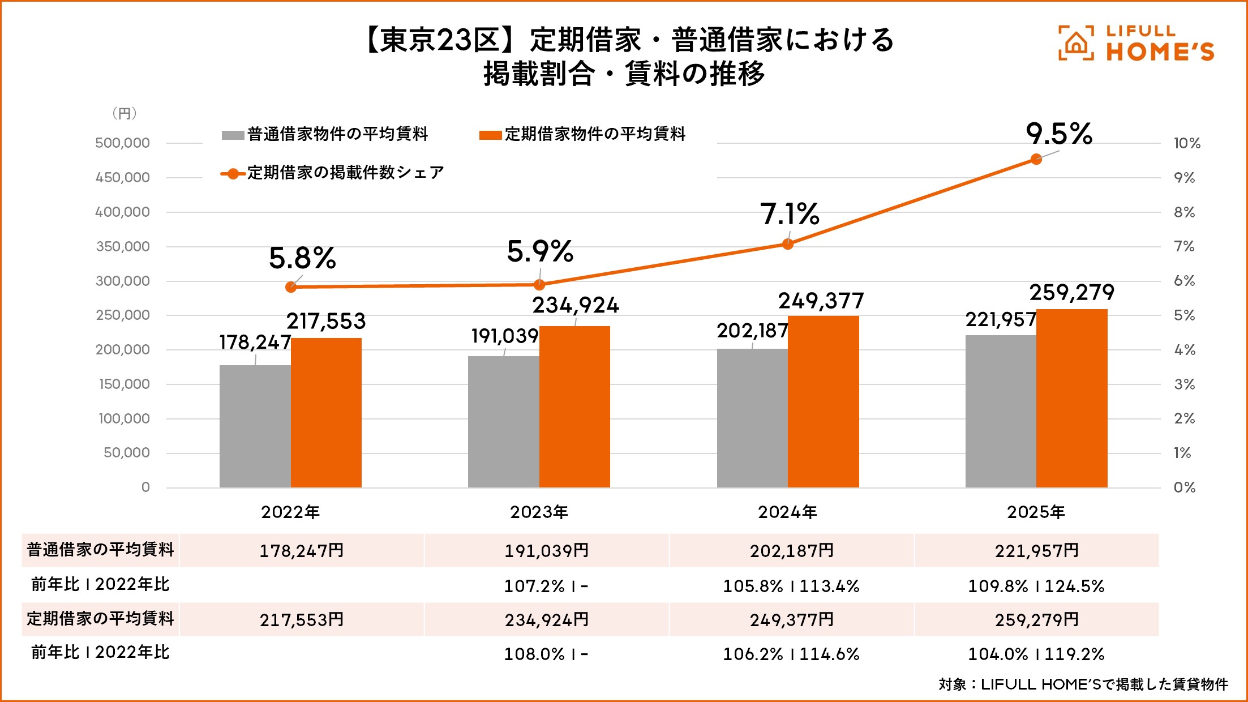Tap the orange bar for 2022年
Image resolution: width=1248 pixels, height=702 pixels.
pos(326,413)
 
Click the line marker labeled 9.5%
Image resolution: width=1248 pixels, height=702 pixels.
pos(1036,159)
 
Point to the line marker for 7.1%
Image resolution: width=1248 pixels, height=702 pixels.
pos(787,244)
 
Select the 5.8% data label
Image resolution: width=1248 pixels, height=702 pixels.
pos(302,258)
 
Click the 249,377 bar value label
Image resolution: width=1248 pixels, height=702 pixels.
pos(821,301)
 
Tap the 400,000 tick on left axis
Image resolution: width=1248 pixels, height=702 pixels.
pos(123,212)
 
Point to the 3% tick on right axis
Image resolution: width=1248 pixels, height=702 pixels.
pos(1184,384)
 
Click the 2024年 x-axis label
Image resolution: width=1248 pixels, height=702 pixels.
pos(787,512)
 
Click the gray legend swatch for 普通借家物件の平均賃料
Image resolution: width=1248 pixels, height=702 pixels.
pos(233,135)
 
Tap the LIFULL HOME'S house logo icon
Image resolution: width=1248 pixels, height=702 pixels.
pos(1075,43)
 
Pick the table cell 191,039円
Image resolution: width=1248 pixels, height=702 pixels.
pos(547,550)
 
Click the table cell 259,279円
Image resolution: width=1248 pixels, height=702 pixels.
pos(1037,619)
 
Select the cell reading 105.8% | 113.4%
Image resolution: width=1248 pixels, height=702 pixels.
pos(791,586)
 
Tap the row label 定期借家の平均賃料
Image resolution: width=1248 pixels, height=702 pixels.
pos(100,618)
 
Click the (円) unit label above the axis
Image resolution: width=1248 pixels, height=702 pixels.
pos(125,113)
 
